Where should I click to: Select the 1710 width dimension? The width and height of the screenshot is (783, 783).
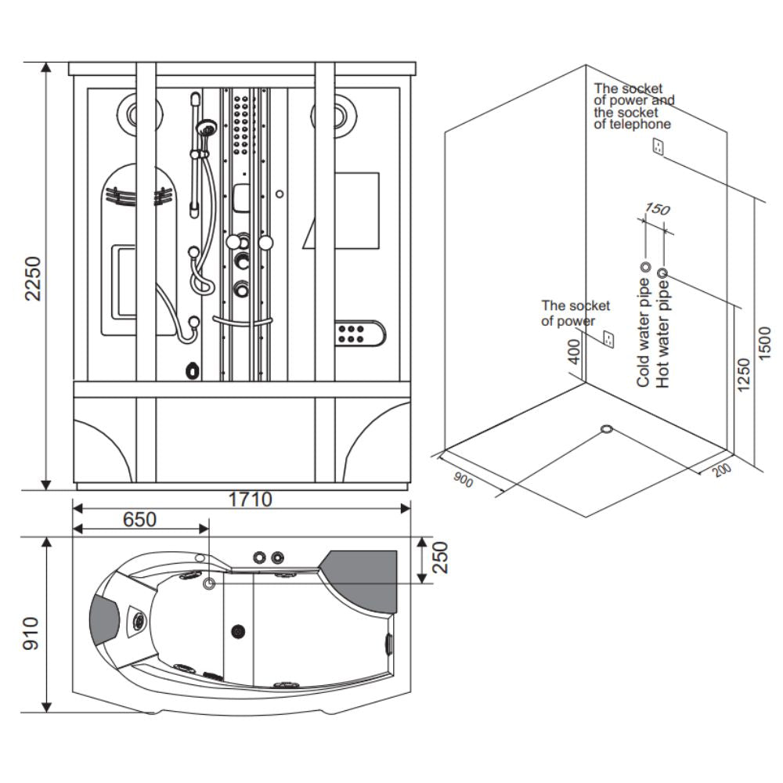[x=250, y=499]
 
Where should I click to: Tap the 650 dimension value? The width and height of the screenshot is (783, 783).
[x=139, y=519]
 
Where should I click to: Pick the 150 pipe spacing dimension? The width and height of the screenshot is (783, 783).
[x=655, y=209]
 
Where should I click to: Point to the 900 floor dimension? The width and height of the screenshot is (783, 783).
[x=464, y=480]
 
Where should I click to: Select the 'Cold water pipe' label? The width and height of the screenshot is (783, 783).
[x=644, y=332]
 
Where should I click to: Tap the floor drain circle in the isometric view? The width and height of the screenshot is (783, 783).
[x=607, y=429]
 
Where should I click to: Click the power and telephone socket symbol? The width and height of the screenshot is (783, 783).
[x=659, y=146]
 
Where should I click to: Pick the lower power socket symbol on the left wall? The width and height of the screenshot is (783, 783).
[x=608, y=339]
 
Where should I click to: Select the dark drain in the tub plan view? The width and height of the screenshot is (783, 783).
[x=238, y=630]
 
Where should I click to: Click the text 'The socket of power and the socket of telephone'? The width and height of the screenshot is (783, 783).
[x=633, y=106]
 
